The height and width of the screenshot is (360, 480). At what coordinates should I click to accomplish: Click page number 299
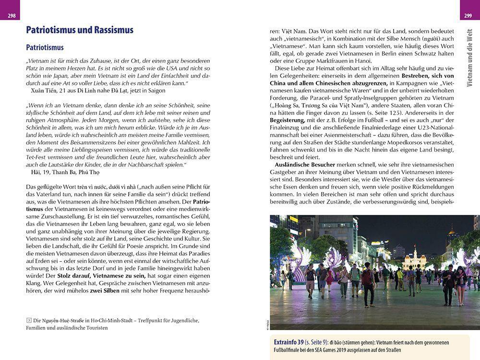(x=468, y=16)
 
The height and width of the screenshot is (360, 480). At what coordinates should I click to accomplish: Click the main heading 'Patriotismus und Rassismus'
(x=79, y=30)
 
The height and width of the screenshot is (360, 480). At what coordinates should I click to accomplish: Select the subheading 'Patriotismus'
(x=45, y=48)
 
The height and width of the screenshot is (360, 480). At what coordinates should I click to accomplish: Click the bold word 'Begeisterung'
(x=287, y=120)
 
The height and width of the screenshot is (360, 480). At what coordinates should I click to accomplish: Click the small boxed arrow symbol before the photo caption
(x=29, y=320)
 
